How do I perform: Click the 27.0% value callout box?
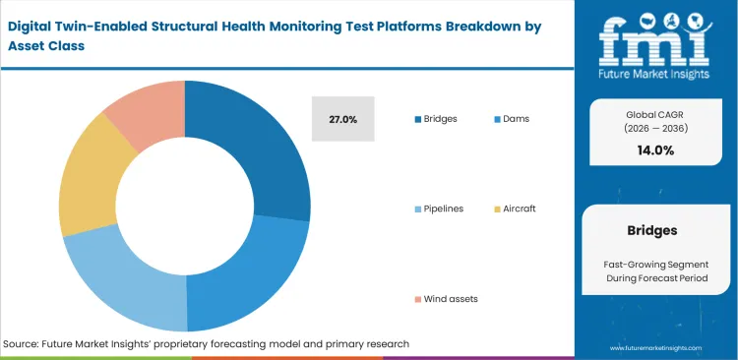point(342,119)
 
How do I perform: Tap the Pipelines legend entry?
point(443,209)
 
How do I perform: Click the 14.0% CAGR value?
point(655,150)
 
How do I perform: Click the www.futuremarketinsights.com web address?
point(655,348)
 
